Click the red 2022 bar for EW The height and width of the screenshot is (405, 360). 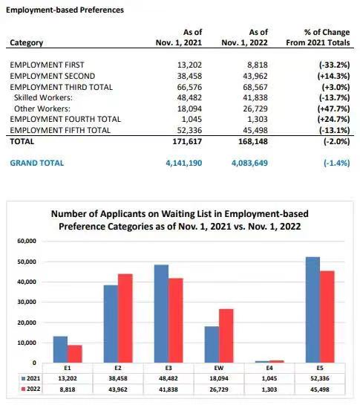(226, 336)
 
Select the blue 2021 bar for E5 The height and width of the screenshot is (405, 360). (312, 310)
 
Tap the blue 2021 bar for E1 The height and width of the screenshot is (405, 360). (60, 349)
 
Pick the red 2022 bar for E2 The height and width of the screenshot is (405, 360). (125, 318)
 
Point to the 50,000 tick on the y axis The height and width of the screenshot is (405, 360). (27, 262)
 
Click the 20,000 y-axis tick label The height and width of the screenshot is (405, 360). (27, 323)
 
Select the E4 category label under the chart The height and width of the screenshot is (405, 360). (269, 368)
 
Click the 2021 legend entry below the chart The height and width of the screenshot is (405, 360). (30, 378)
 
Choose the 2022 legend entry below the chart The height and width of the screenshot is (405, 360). (30, 389)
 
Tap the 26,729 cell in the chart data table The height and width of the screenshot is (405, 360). (219, 389)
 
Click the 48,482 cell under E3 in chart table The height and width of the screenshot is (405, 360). (168, 378)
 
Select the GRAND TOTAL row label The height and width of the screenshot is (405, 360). (36, 163)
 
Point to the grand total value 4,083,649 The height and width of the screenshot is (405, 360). (249, 163)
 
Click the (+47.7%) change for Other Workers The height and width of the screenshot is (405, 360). (333, 108)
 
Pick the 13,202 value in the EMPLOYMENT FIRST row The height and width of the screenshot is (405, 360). (189, 65)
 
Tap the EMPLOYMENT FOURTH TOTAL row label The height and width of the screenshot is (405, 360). (65, 119)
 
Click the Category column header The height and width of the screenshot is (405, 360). (26, 42)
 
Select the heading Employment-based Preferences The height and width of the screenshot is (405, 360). (65, 10)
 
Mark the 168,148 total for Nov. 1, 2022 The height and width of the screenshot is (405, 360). (253, 141)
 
